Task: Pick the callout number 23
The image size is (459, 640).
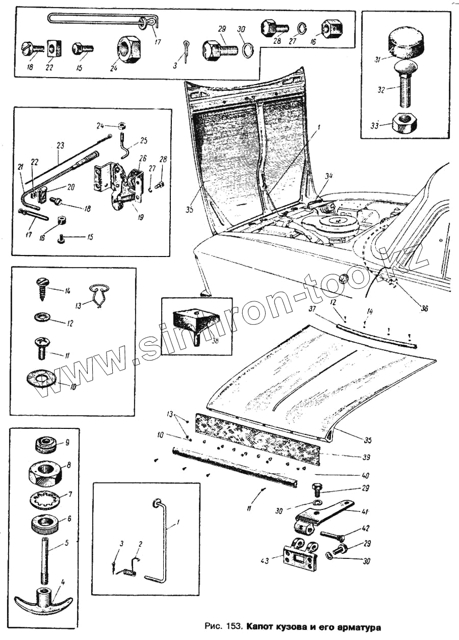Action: (x=61, y=145)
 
